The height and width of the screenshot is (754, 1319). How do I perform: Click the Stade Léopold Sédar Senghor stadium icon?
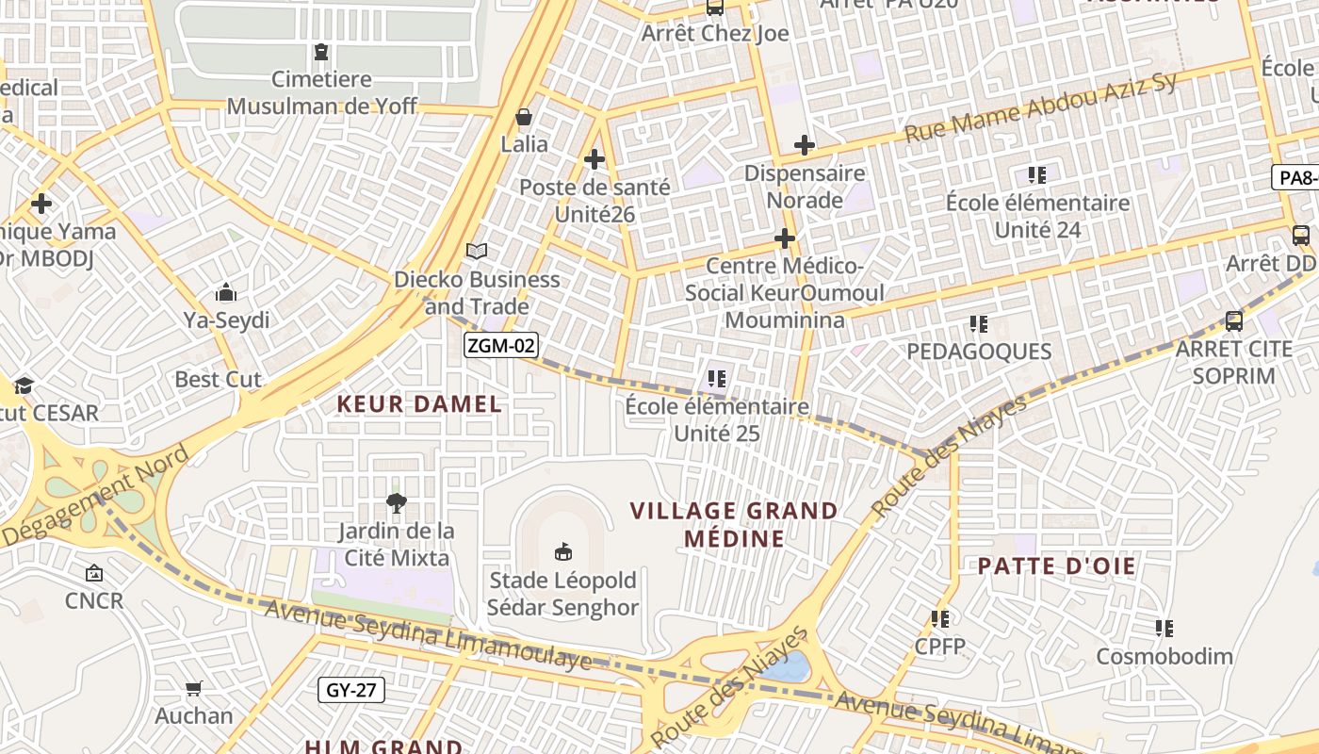(x=563, y=551)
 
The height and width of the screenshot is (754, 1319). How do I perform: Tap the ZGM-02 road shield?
(x=501, y=346)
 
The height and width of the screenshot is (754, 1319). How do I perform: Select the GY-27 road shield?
(x=351, y=690)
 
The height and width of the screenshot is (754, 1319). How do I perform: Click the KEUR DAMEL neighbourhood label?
(x=419, y=404)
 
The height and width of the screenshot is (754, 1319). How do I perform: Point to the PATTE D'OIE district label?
(x=1056, y=566)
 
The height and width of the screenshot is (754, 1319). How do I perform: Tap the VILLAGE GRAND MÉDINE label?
(x=734, y=525)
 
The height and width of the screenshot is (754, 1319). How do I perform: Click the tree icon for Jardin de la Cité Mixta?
(x=397, y=503)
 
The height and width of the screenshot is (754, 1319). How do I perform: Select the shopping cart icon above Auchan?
(x=194, y=689)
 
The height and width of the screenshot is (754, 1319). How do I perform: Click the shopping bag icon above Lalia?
(x=524, y=118)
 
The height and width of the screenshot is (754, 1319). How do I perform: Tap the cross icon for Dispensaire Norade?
(x=804, y=145)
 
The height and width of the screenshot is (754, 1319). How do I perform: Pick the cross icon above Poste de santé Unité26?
(x=594, y=159)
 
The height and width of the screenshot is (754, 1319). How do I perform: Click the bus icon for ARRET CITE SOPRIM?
(x=1233, y=321)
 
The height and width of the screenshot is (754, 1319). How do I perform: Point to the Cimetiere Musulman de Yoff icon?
(x=321, y=52)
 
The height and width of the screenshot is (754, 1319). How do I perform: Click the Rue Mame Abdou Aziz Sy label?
(x=1040, y=107)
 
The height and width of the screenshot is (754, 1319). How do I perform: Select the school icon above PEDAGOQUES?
(x=979, y=324)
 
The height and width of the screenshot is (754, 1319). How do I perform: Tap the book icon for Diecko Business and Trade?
(x=477, y=252)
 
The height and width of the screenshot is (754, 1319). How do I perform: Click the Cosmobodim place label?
(x=1164, y=656)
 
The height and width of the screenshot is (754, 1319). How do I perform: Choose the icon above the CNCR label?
(x=94, y=572)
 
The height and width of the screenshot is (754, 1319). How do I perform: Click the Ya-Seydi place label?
(x=226, y=320)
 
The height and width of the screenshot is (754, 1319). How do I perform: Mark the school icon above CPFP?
(x=940, y=619)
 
